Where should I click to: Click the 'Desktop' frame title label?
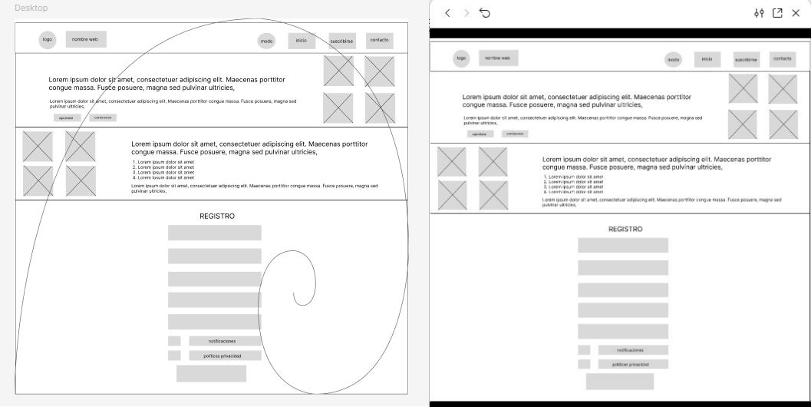pos(31,8)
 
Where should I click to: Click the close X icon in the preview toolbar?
pos(795,13)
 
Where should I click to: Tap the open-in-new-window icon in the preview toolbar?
pos(777,13)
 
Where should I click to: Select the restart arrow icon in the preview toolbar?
pos(484,13)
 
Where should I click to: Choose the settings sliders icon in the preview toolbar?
pos(759,13)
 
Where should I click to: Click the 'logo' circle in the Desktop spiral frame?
pos(48,40)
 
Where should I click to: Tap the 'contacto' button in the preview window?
pos(783,58)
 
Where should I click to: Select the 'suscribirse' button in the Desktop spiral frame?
pos(341,41)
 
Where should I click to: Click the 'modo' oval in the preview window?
pos(674,59)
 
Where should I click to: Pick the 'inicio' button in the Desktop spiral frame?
pos(302,41)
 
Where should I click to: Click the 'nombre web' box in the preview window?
pos(499,58)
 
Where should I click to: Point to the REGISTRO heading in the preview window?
pos(625,229)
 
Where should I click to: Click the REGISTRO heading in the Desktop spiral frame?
pos(217,217)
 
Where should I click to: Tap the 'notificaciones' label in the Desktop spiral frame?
pos(222,341)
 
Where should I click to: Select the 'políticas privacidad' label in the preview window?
pos(629,364)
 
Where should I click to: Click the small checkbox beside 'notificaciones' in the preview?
pos(584,350)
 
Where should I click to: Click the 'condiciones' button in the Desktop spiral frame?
pos(103,117)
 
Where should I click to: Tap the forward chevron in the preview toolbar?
pos(466,13)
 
